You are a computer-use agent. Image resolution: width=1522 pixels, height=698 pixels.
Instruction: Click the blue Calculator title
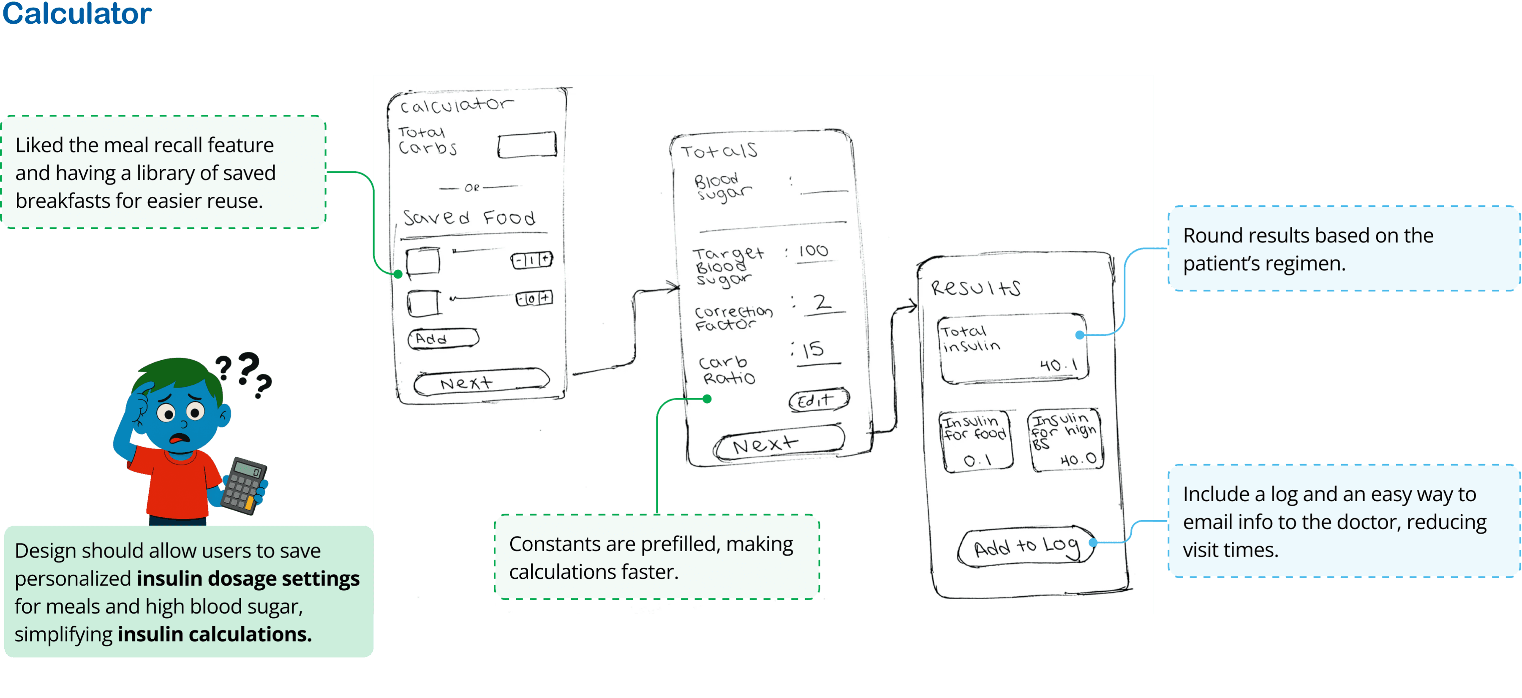pyautogui.click(x=77, y=13)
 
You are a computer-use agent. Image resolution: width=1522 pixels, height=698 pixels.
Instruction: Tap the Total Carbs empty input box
pyautogui.click(x=526, y=145)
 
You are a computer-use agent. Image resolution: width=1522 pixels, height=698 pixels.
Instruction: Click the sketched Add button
pyautogui.click(x=443, y=338)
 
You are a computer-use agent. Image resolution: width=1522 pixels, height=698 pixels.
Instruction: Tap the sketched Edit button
pyautogui.click(x=818, y=400)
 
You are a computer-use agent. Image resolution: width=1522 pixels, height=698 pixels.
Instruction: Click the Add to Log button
pyautogui.click(x=1026, y=547)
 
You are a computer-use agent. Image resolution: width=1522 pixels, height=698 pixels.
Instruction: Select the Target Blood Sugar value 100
pyautogui.click(x=813, y=251)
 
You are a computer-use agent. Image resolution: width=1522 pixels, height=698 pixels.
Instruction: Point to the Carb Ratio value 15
pyautogui.click(x=814, y=350)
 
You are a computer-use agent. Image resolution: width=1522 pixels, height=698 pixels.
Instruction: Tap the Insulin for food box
pyautogui.click(x=975, y=440)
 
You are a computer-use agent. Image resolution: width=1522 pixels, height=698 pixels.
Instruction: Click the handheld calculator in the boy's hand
pyautogui.click(x=243, y=486)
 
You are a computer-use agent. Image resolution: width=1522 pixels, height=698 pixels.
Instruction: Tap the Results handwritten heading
pyautogui.click(x=975, y=288)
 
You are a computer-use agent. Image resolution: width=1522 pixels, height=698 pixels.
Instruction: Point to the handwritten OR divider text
pyautogui.click(x=471, y=188)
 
